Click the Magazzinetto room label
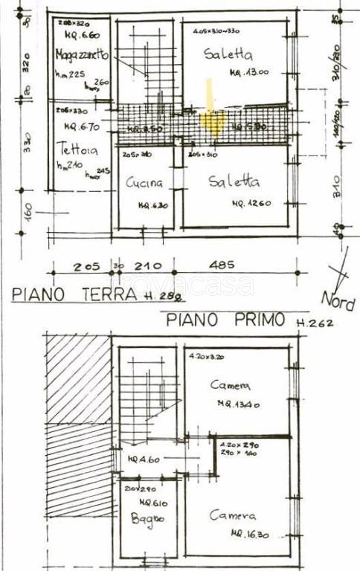click(82, 56)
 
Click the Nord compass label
click(338, 300)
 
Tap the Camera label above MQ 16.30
click(233, 515)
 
